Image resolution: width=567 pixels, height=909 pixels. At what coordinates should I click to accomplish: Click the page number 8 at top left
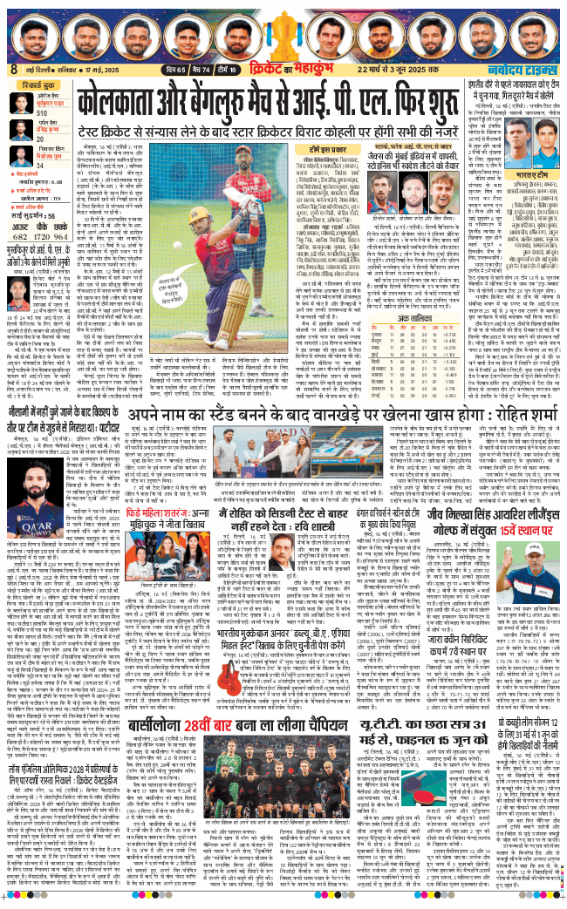pos(13,70)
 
